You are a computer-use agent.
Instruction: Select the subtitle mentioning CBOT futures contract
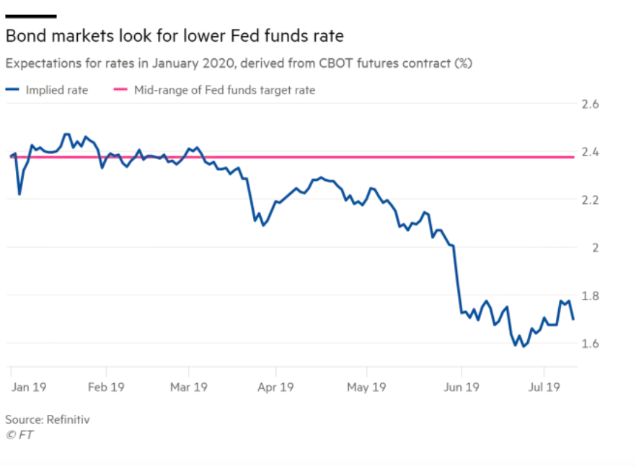[239, 63]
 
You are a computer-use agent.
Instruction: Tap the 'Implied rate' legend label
[57, 91]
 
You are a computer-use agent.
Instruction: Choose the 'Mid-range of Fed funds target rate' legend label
[225, 91]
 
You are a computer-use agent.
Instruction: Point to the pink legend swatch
[120, 91]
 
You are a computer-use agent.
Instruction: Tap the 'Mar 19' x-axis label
[188, 387]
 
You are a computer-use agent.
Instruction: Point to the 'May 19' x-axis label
[366, 387]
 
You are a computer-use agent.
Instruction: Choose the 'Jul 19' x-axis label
[544, 387]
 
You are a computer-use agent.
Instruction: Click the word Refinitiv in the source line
[66, 419]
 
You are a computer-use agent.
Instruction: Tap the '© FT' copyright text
[19, 435]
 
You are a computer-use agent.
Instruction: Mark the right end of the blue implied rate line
[573, 319]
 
